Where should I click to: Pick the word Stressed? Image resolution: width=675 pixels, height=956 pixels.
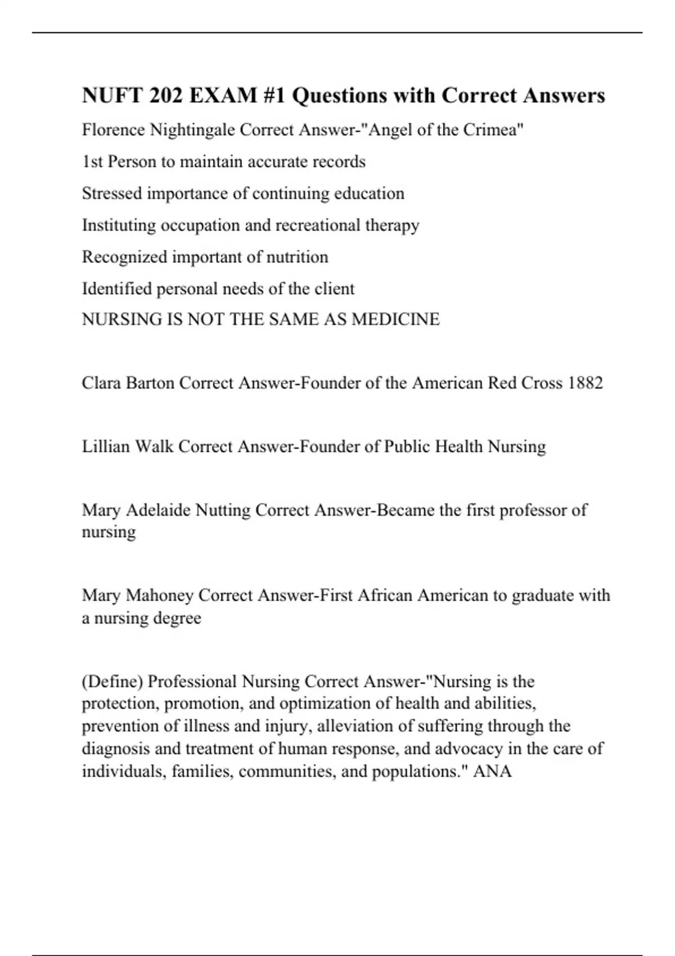click(x=112, y=193)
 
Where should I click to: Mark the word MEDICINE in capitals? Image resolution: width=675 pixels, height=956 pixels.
click(x=395, y=319)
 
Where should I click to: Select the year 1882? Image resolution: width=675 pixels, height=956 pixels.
click(x=586, y=383)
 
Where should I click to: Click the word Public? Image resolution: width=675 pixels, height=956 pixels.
click(x=406, y=447)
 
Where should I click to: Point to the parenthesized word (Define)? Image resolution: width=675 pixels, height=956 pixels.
click(x=112, y=682)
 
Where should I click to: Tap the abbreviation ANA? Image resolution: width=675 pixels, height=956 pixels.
click(x=492, y=771)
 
